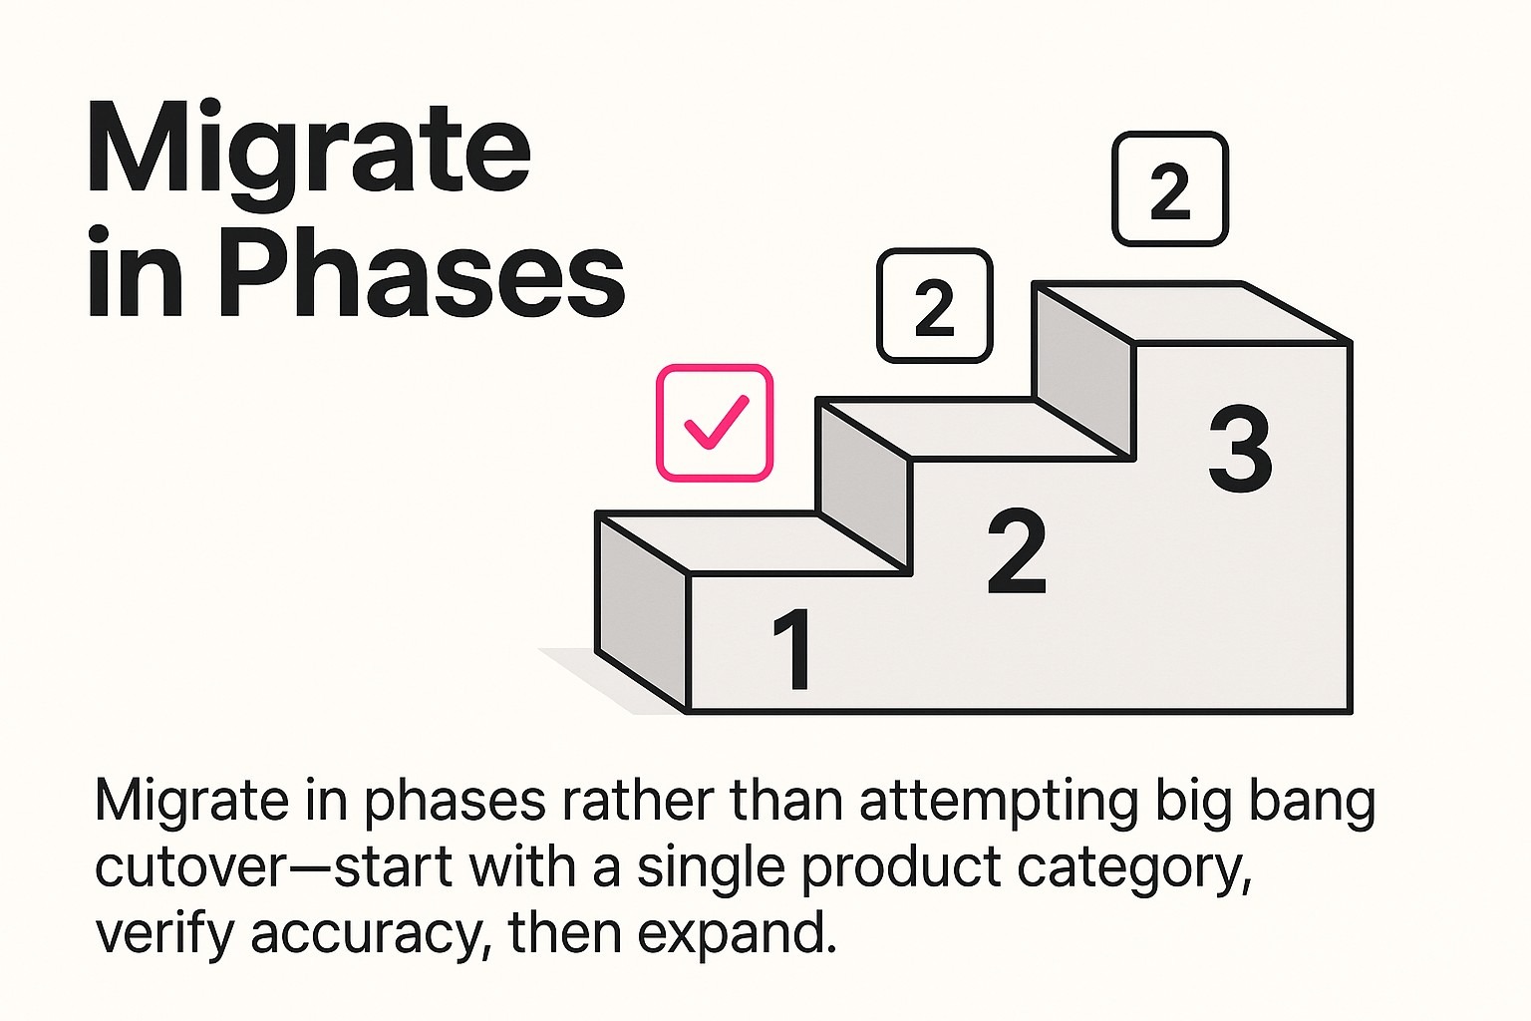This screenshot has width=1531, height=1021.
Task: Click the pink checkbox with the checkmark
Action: [x=714, y=423]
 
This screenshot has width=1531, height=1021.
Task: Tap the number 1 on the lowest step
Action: [x=792, y=650]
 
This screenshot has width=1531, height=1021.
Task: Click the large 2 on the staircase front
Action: [x=1016, y=551]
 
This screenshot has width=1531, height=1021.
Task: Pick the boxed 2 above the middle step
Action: [x=934, y=305]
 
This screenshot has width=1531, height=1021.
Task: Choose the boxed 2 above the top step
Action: [x=1169, y=188]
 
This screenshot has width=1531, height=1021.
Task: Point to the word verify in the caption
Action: [x=163, y=935]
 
